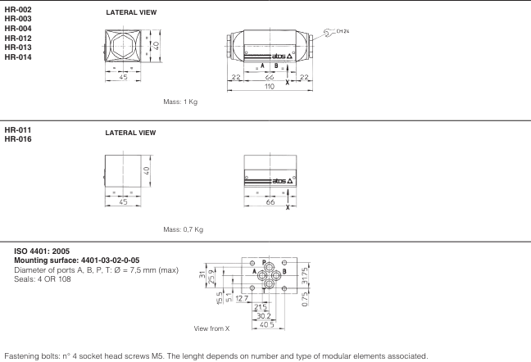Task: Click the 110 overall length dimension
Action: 269,86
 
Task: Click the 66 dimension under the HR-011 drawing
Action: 269,201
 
